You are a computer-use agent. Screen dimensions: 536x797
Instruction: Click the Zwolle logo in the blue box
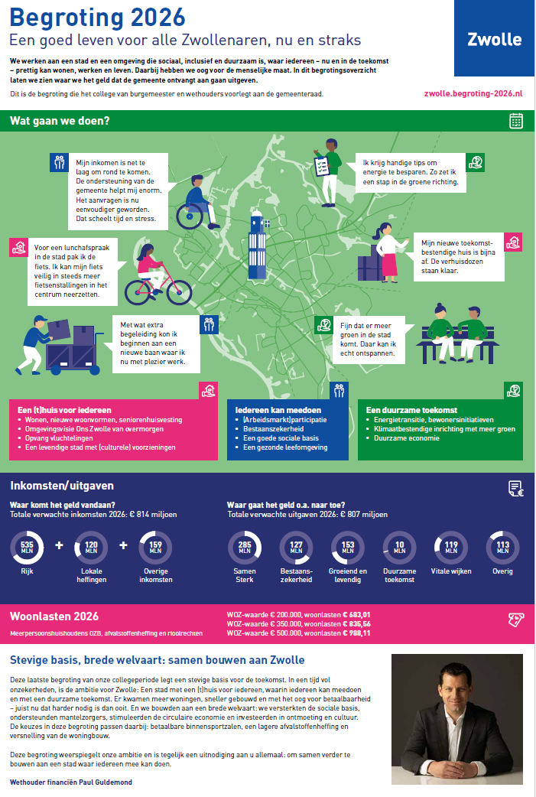(494, 40)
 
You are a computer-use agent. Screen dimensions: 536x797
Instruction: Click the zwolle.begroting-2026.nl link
(473, 93)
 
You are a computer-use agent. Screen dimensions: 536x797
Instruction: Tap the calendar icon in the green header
(515, 121)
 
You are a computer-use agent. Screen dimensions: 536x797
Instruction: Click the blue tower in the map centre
(258, 247)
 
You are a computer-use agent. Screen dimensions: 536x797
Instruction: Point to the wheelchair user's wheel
(190, 216)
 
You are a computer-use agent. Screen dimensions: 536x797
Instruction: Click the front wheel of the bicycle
(180, 292)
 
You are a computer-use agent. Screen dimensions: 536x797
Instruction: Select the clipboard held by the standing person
(322, 166)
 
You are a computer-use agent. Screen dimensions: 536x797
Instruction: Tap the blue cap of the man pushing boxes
(40, 319)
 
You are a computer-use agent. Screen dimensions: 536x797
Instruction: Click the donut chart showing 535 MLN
(27, 548)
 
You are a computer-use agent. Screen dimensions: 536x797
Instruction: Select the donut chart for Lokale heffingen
(91, 548)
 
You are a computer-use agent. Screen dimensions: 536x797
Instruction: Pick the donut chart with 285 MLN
(245, 548)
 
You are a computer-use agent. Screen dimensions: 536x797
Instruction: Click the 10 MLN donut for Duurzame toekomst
(399, 548)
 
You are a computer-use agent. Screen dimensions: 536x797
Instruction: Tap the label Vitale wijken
(451, 571)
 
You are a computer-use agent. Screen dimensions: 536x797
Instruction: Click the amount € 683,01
(356, 614)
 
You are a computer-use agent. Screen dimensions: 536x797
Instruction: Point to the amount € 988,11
(356, 633)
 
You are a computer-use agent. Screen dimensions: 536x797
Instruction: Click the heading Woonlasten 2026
(54, 616)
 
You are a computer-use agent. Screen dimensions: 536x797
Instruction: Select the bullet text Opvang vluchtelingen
(59, 438)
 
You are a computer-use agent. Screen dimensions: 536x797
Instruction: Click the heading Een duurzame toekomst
(411, 410)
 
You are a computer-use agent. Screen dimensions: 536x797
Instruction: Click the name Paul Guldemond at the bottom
(105, 782)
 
